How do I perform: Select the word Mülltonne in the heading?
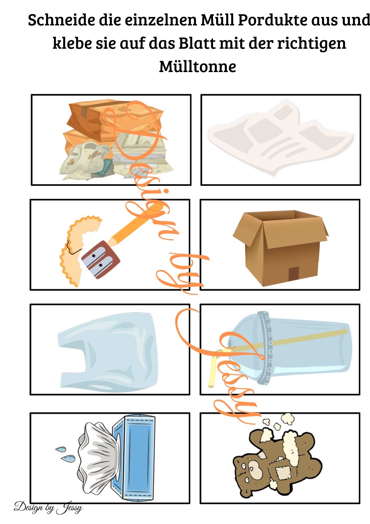click(x=198, y=66)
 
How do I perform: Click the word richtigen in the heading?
click(x=311, y=43)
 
